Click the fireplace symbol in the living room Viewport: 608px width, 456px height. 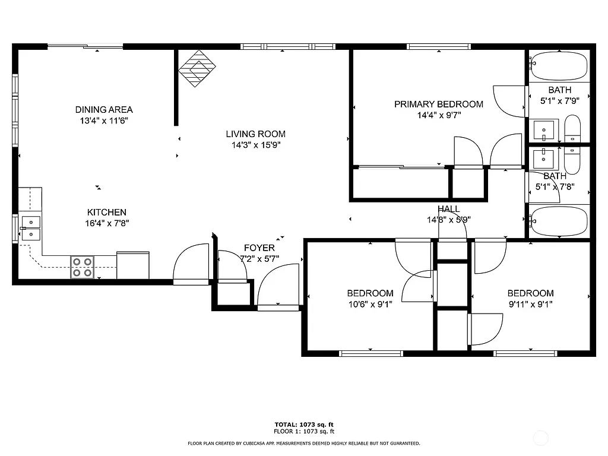197,68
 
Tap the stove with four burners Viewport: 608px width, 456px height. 83,267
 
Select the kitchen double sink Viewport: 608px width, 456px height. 31,228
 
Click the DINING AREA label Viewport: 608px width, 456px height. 104,109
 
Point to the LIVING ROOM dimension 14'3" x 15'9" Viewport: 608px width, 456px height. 255,145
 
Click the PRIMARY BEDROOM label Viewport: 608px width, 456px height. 438,104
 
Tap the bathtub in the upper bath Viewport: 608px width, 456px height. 559,66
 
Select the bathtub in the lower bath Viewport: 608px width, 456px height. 559,221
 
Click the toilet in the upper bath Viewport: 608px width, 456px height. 572,129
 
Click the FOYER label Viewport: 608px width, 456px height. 259,248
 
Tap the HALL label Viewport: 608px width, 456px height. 449,209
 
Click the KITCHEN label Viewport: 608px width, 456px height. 107,212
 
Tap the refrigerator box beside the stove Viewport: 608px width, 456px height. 133,265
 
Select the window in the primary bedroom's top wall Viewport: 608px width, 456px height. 439,46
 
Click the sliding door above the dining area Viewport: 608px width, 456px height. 85,46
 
